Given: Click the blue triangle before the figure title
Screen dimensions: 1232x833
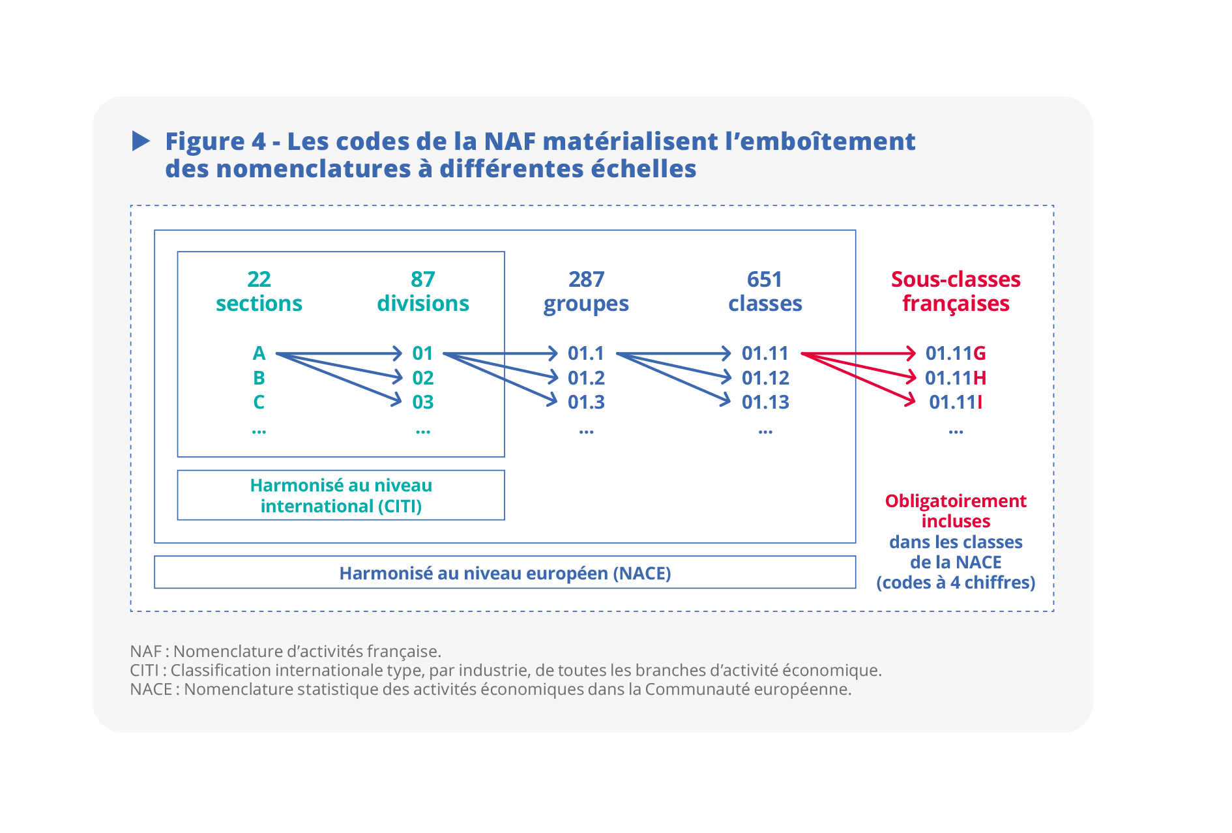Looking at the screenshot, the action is pyautogui.click(x=140, y=141).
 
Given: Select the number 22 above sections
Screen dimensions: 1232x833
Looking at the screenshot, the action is pyautogui.click(x=259, y=279).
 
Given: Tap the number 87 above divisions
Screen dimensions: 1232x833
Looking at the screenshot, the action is pyautogui.click(x=423, y=279).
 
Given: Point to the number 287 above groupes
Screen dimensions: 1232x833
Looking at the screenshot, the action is pyautogui.click(x=586, y=279).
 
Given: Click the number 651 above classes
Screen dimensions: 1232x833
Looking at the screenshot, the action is pyautogui.click(x=765, y=279).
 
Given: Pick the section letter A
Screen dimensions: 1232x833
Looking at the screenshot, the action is pyautogui.click(x=259, y=353).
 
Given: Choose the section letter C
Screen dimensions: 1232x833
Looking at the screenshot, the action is pyautogui.click(x=259, y=402).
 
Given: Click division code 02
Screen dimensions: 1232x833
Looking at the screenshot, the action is pyautogui.click(x=423, y=378).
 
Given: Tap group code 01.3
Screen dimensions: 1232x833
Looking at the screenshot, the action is pyautogui.click(x=586, y=402).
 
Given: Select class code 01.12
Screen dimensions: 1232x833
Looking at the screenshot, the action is pyautogui.click(x=765, y=378).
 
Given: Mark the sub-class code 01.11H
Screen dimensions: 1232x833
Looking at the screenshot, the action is pyautogui.click(x=956, y=378).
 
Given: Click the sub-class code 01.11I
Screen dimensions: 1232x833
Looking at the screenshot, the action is pyautogui.click(x=956, y=402).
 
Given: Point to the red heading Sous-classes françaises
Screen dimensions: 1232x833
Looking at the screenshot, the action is pyautogui.click(x=956, y=291).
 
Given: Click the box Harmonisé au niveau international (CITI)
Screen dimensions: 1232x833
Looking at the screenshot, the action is pyautogui.click(x=341, y=495).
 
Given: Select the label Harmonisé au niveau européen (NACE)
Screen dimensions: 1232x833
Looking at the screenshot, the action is pyautogui.click(x=505, y=573).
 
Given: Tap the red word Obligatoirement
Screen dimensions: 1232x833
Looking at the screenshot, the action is pyautogui.click(x=956, y=501).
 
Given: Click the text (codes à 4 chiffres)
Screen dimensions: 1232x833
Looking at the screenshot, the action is pyautogui.click(x=956, y=582).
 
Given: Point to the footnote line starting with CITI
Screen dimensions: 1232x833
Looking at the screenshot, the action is pyautogui.click(x=506, y=670).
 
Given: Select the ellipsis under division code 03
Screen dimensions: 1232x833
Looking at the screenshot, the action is pyautogui.click(x=423, y=431).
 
